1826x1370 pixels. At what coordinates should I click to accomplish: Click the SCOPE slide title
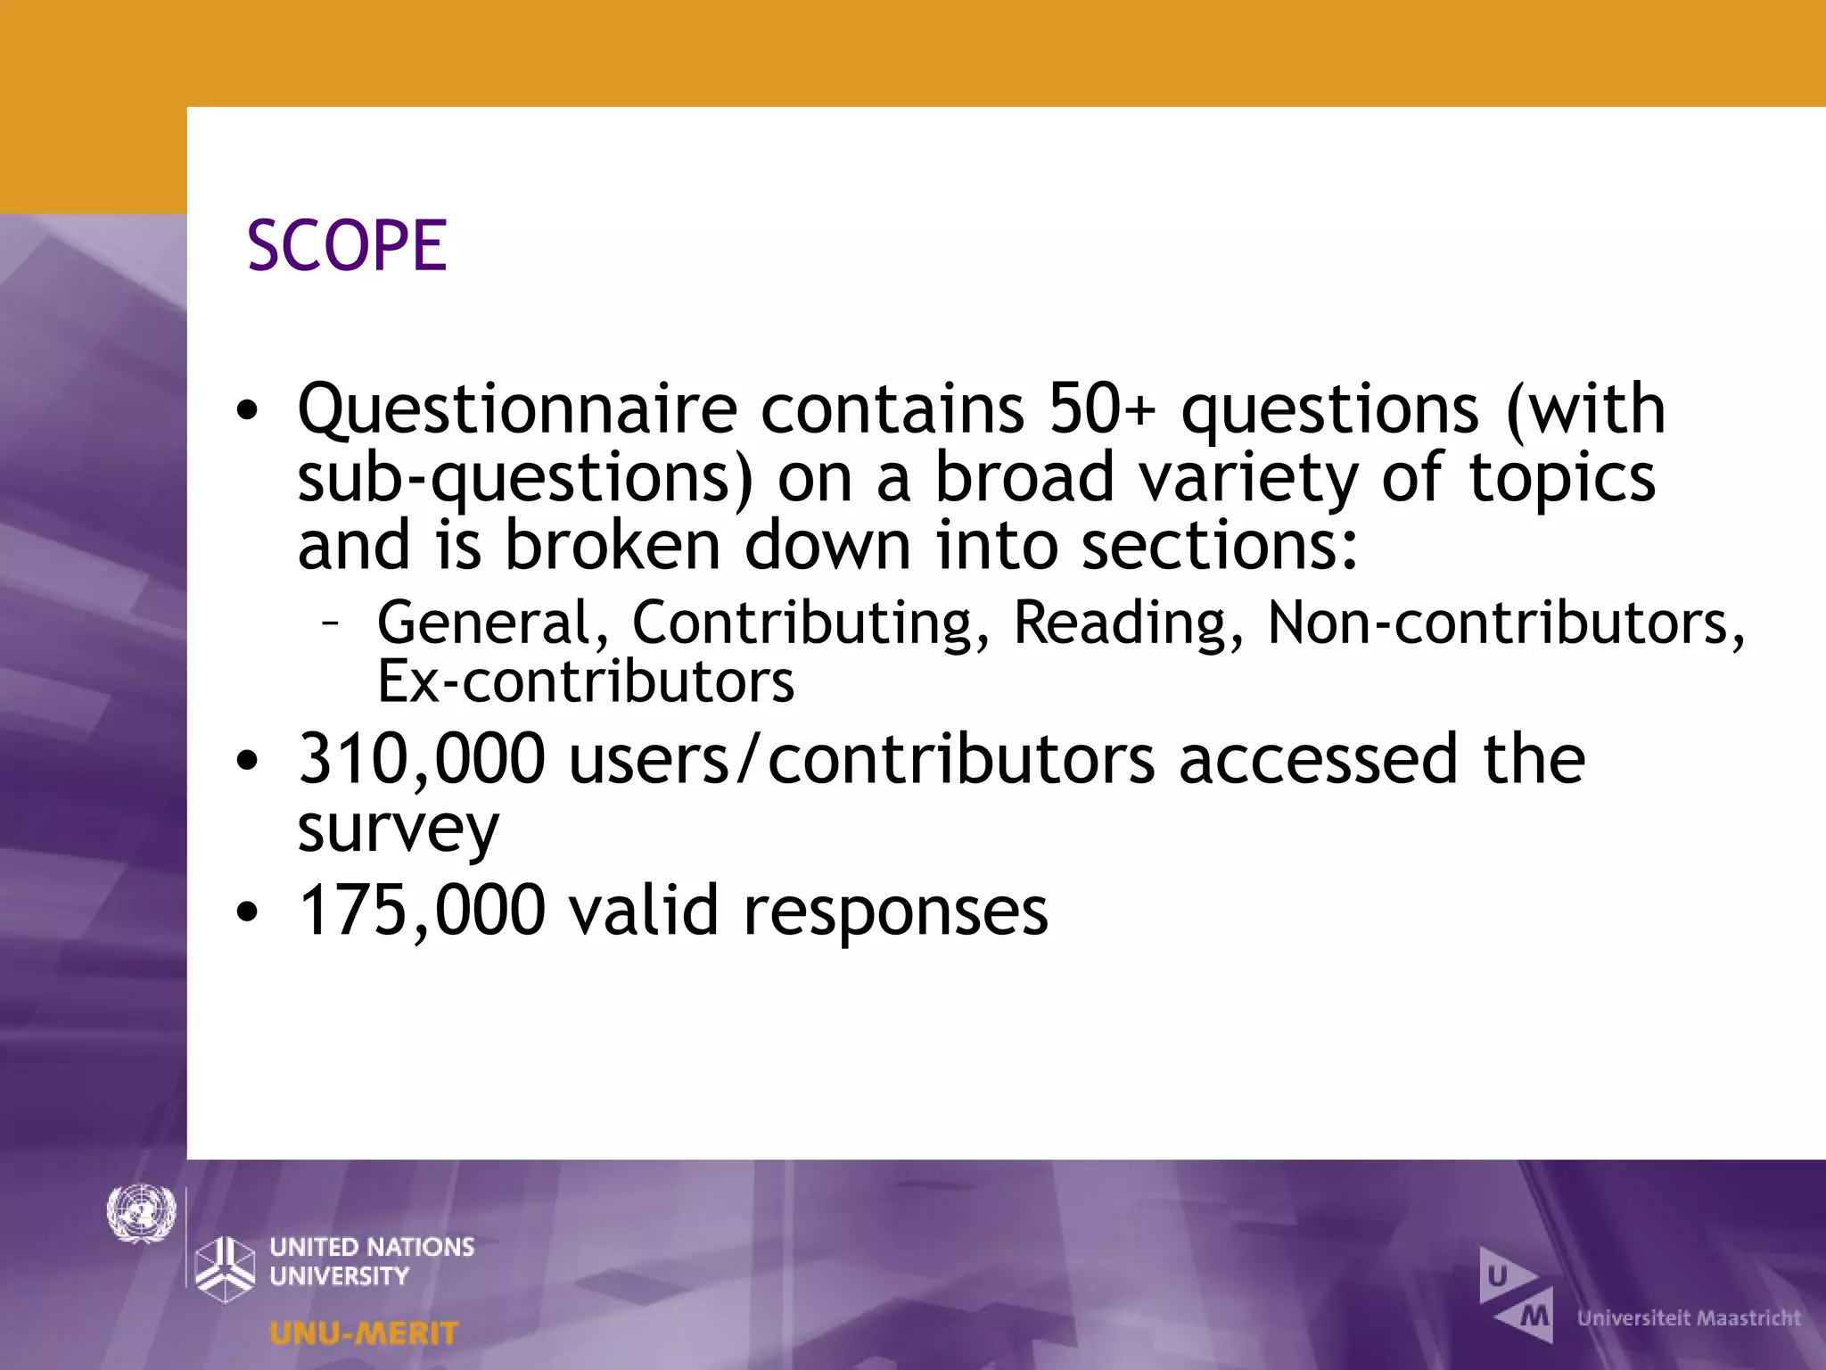tap(347, 245)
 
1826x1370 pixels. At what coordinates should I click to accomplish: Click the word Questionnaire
tap(517, 410)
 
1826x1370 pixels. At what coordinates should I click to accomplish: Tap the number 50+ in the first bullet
tap(1101, 409)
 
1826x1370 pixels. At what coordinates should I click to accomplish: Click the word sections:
tap(1220, 546)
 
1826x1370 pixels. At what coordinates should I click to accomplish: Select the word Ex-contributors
tap(585, 681)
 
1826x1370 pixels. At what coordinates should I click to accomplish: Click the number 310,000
tap(421, 759)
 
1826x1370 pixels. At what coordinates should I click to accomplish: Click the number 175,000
tap(421, 911)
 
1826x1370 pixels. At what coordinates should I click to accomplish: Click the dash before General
tap(330, 622)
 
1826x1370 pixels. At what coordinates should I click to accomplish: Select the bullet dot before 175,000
tap(247, 912)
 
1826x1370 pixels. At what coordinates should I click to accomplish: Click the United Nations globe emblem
tap(141, 1213)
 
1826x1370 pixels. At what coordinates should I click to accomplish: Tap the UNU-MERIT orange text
tap(363, 1333)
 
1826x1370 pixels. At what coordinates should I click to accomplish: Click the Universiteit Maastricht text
tap(1689, 1317)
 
